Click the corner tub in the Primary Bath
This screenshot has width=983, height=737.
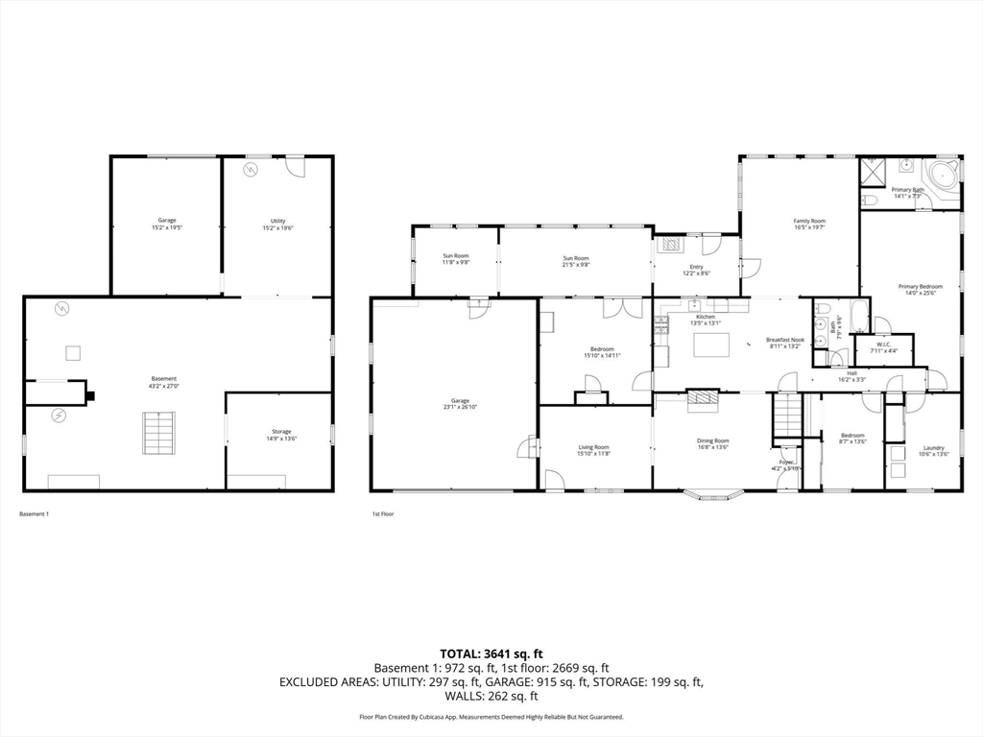pyautogui.click(x=942, y=178)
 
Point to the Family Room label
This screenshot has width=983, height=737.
pyautogui.click(x=809, y=221)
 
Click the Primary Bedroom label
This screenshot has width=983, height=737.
pyautogui.click(x=920, y=286)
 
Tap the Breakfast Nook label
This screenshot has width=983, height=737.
pyautogui.click(x=784, y=340)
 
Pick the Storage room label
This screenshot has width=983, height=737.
pyautogui.click(x=280, y=431)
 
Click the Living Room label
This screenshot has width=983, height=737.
pyautogui.click(x=593, y=447)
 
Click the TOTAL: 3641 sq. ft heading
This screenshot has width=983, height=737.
pyautogui.click(x=491, y=654)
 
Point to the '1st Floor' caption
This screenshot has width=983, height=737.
pyautogui.click(x=383, y=514)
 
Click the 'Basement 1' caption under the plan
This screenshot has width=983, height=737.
pyautogui.click(x=34, y=514)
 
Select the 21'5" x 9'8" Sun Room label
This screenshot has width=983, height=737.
pyautogui.click(x=575, y=258)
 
